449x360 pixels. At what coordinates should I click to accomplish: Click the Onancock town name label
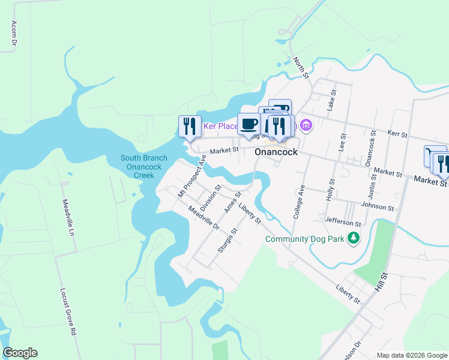[276, 152]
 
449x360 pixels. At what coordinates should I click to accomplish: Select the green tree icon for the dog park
[354, 238]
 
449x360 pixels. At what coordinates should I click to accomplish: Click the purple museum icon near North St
[306, 125]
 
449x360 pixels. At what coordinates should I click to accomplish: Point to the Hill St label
[382, 281]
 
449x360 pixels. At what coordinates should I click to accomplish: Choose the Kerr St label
[397, 133]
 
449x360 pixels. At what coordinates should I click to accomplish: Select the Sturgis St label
[228, 240]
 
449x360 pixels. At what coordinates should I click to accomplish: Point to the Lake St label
[331, 100]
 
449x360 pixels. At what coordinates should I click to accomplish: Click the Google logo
[20, 353]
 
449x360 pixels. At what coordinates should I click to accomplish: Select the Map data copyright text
[412, 355]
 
